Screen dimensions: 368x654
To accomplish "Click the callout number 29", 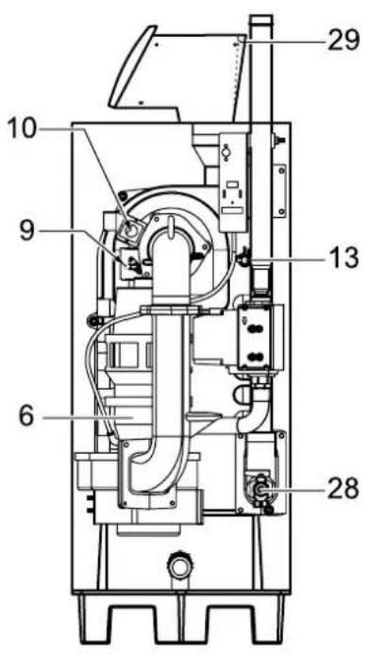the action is tap(343, 41).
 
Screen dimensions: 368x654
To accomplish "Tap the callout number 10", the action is tap(22, 128).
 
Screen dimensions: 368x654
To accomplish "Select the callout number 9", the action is tap(26, 231).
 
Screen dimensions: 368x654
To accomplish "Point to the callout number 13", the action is tap(343, 259).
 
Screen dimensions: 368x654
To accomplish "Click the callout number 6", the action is tap(26, 417).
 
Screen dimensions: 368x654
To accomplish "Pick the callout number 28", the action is tap(343, 489).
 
